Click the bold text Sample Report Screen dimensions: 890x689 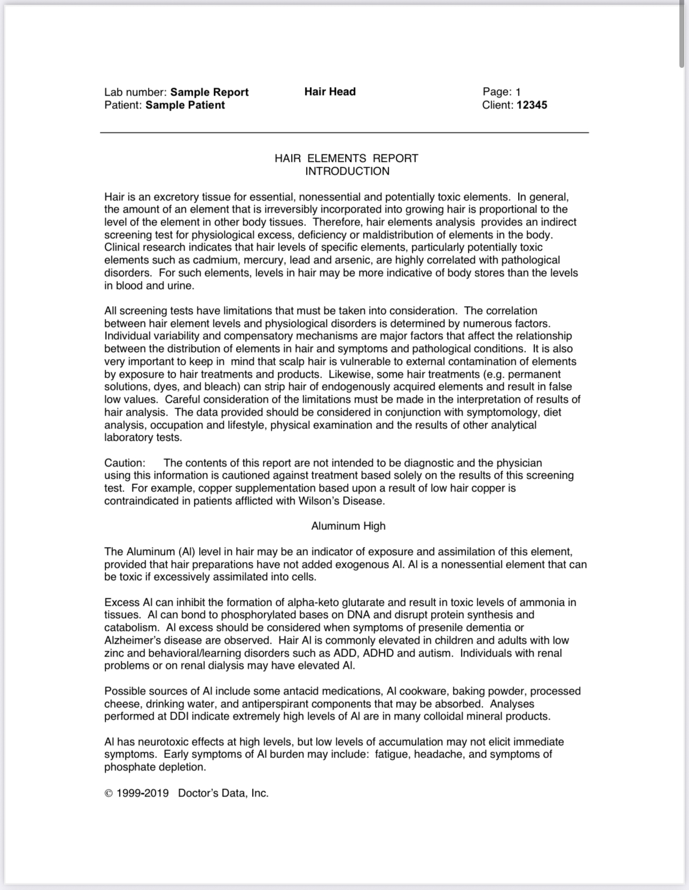click(x=209, y=92)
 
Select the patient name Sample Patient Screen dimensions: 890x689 click(x=185, y=105)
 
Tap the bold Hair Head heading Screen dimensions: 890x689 click(x=330, y=91)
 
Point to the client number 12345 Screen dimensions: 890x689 click(x=531, y=105)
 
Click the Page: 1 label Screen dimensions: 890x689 click(x=501, y=92)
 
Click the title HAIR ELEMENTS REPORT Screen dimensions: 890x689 click(x=346, y=158)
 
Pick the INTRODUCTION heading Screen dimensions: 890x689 click(x=347, y=171)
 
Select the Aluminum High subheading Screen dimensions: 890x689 click(x=348, y=526)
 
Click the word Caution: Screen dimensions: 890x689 click(x=124, y=463)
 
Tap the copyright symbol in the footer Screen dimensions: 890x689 click(x=108, y=793)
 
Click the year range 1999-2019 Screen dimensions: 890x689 click(x=142, y=793)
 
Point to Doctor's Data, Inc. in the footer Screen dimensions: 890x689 click(x=223, y=793)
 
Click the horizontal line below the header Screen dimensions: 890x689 click(x=344, y=132)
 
